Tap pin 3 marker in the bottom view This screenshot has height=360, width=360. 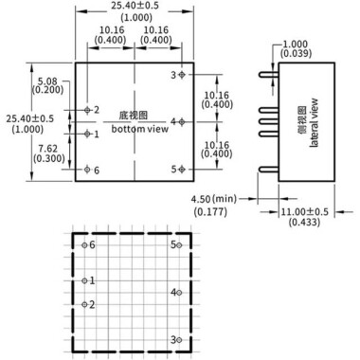click(183, 74)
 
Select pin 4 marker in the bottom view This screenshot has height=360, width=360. click(183, 121)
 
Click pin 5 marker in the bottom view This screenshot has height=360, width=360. click(183, 169)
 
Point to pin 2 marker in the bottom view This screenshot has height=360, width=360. click(87, 110)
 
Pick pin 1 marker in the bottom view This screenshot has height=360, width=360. click(87, 134)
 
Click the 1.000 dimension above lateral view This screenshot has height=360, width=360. click(297, 45)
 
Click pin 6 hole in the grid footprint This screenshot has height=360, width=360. click(84, 245)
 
